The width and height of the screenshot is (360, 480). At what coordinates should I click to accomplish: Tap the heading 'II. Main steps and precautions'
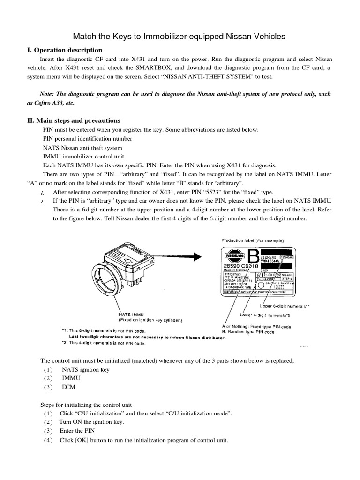[x=74, y=120]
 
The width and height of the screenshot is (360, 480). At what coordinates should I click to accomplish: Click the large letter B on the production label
[x=253, y=257]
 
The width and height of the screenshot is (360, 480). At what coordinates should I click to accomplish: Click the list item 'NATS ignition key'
[x=85, y=369]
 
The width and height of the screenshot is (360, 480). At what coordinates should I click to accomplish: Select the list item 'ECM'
[x=68, y=387]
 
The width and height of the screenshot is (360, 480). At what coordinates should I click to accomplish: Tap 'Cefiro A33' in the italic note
[x=47, y=103]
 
